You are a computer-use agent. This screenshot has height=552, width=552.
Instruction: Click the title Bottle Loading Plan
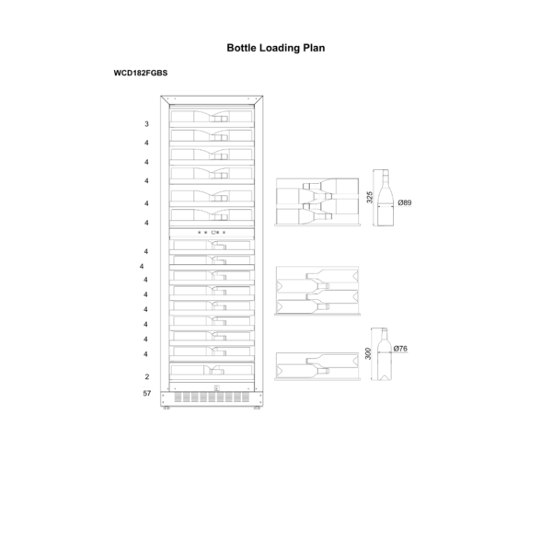click(x=276, y=48)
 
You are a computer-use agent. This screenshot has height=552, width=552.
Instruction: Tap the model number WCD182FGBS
click(x=141, y=74)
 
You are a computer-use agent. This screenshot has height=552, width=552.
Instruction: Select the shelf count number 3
click(x=146, y=124)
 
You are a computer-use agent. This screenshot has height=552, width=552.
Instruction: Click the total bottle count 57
click(x=147, y=393)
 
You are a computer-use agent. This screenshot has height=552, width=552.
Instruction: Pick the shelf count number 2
click(x=147, y=376)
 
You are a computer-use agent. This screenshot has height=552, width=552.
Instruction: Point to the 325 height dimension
click(x=369, y=197)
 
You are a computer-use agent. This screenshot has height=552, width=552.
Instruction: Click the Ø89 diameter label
click(x=405, y=202)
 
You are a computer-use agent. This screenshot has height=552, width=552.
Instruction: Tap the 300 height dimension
click(x=368, y=353)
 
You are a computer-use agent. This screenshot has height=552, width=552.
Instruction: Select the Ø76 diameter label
click(x=400, y=349)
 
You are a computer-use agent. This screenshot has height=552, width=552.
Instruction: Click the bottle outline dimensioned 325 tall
click(x=385, y=198)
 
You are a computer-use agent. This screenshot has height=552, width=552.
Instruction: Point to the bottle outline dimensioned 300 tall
click(x=384, y=354)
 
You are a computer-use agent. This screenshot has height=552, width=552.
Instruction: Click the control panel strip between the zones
click(x=212, y=233)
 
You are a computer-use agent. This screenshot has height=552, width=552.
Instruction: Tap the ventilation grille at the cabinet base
click(x=212, y=397)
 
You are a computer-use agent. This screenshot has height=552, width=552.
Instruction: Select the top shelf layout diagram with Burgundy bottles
click(x=317, y=201)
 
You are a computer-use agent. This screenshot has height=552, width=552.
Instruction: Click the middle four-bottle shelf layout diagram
click(x=317, y=291)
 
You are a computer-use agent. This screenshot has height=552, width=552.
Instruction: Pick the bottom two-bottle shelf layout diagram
click(x=317, y=366)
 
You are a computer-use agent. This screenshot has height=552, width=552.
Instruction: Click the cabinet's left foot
click(x=167, y=408)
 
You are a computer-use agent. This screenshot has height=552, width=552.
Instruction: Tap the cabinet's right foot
click(x=257, y=408)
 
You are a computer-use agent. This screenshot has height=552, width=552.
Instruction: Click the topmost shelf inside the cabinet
click(x=212, y=117)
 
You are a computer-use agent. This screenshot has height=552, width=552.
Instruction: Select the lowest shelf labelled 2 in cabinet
click(x=212, y=371)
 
